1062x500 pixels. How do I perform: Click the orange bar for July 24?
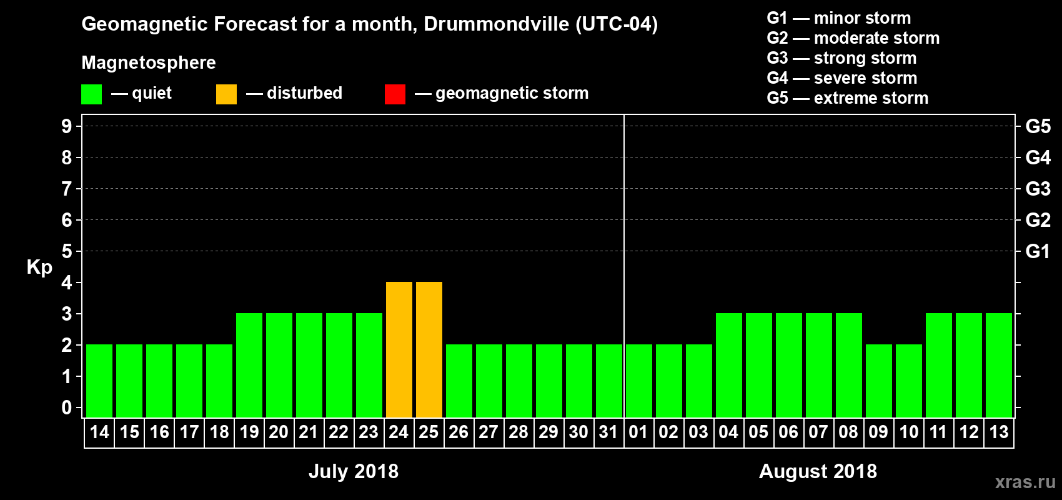399,349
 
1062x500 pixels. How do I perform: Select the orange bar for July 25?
429,349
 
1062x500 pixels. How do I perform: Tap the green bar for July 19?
249,365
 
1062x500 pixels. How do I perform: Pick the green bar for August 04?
729,365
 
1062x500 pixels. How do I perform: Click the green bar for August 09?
879,381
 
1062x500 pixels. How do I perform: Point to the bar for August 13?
999,365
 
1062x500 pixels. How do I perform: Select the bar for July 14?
99,381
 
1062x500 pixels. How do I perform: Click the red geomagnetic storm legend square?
395,94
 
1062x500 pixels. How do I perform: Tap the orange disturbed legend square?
226,94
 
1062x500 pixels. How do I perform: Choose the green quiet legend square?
91,94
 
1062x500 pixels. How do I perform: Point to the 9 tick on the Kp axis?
67,126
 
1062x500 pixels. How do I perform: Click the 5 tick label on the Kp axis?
67,251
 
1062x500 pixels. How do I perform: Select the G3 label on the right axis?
1038,189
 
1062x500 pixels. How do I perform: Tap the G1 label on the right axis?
1038,251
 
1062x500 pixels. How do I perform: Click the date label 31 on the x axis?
608,432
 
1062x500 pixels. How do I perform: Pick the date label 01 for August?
638,432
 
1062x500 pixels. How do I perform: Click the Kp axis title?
39,267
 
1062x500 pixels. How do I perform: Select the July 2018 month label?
354,471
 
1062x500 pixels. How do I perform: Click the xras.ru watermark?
1025,482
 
